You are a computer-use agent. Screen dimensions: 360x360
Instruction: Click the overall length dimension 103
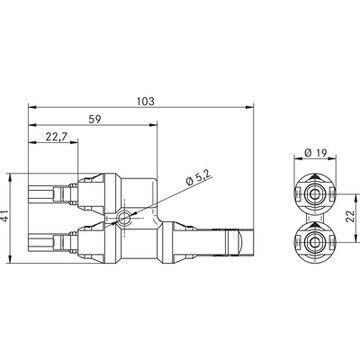pos(146,101)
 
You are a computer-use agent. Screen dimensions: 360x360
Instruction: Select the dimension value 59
pos(95,119)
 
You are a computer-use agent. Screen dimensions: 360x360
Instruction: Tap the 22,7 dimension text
pos(57,136)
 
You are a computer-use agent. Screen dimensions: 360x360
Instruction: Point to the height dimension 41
pos(5,218)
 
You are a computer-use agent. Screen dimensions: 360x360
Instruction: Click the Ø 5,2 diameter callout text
pos(200,177)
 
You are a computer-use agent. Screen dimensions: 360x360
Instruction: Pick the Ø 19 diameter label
pos(316,153)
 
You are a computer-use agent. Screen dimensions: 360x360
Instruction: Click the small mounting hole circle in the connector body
pos(124,218)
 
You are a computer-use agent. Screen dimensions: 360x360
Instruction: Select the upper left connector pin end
pos(41,194)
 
